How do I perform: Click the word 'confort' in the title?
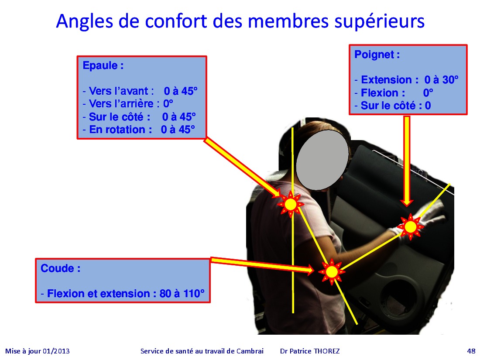[x=176, y=21]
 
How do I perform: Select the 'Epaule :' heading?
[x=103, y=65]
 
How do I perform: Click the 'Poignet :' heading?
[x=377, y=55]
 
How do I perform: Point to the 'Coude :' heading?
[x=61, y=268]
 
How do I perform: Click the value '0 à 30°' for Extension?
[x=442, y=80]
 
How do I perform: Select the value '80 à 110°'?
[x=182, y=294]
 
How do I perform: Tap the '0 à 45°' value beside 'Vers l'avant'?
[x=181, y=91]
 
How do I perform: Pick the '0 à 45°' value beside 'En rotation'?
[x=178, y=130]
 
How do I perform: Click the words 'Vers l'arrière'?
[x=121, y=104]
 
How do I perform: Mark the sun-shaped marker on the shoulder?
[x=291, y=204]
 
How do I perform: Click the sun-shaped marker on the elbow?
[x=332, y=272]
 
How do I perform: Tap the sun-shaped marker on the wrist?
[x=410, y=227]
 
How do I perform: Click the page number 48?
[x=471, y=351]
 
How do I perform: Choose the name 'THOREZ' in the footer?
[x=327, y=351]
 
